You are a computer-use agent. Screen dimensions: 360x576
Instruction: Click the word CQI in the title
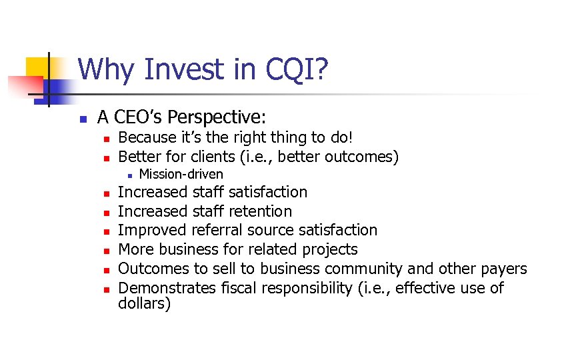(299, 69)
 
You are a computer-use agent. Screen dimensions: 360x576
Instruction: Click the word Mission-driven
(181, 175)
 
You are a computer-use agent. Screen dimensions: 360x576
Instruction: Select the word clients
(219, 157)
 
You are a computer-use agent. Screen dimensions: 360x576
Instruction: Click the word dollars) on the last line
(144, 304)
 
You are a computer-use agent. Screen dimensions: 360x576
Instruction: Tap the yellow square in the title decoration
(39, 69)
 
